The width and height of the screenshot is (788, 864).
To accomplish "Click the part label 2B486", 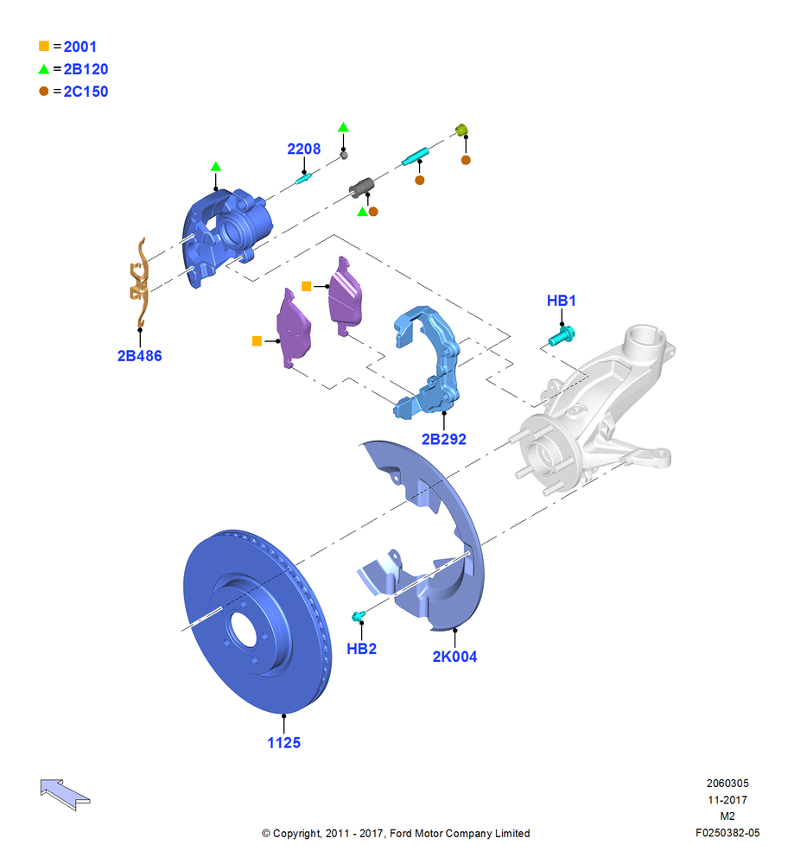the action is [x=139, y=356].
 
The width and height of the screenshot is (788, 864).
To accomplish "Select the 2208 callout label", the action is [x=303, y=149].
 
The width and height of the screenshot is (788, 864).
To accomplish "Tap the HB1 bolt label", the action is [x=561, y=301].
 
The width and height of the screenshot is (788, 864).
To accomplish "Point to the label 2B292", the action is [x=443, y=439].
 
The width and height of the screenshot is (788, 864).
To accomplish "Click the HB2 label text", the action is [x=361, y=649].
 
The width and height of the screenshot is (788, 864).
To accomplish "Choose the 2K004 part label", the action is [x=454, y=657].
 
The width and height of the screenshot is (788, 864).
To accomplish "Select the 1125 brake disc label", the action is [x=283, y=743].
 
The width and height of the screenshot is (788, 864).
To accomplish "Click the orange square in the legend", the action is [x=44, y=47].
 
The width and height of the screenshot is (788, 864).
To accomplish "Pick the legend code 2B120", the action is [x=86, y=69].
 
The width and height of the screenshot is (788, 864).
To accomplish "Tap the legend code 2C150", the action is [x=86, y=92].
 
